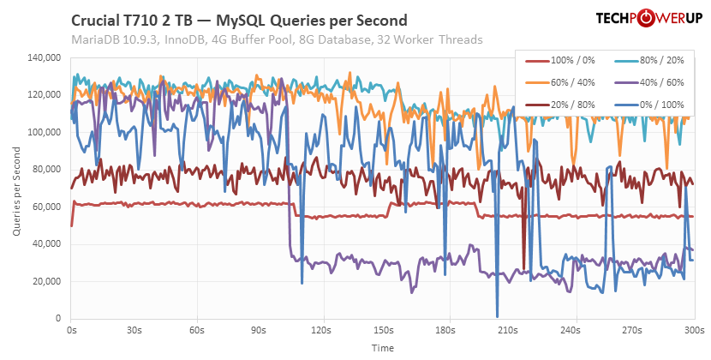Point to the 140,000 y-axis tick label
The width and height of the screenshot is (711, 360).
point(43,58)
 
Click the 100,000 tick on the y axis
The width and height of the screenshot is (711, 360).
point(43,133)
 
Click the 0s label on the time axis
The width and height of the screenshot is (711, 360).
point(71,329)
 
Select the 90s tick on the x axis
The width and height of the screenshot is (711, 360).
point(259,329)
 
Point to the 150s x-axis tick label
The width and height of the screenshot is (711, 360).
point(384,329)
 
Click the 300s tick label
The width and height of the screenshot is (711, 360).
point(695,329)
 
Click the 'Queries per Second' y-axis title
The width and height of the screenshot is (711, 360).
point(16,189)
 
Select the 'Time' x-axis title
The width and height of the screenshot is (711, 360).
point(383,348)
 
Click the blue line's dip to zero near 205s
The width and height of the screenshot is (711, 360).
point(497,316)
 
